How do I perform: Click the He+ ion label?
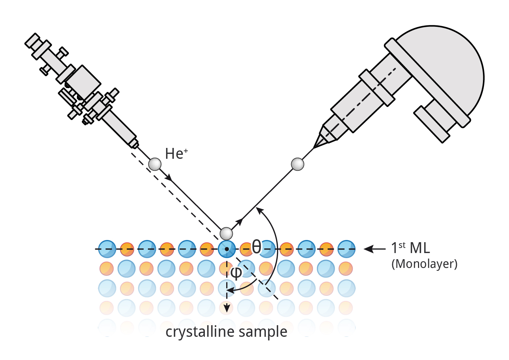click(x=176, y=154)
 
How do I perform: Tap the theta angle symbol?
click(x=256, y=247)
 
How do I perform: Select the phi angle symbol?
click(x=236, y=273)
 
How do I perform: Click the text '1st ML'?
click(x=410, y=248)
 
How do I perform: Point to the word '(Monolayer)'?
click(x=424, y=264)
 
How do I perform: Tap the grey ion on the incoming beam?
click(x=155, y=164)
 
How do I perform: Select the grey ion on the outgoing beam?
click(x=298, y=164)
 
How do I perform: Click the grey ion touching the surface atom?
click(x=226, y=233)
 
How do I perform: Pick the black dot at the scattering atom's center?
click(x=227, y=249)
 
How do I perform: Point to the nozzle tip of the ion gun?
click(x=134, y=144)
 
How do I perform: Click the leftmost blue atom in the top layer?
click(x=107, y=249)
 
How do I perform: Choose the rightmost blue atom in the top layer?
click(x=346, y=249)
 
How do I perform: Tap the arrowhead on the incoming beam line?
click(x=169, y=178)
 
